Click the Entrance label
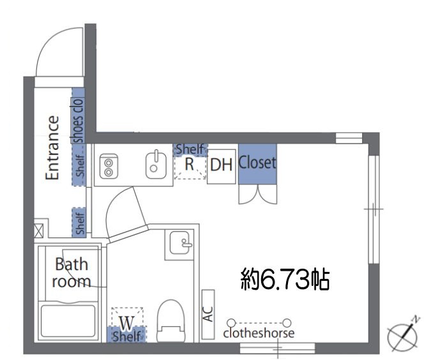54,147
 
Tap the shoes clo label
78,119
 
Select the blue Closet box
257,164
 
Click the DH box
222,165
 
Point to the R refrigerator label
189,164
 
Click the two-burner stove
109,165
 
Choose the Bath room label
71,273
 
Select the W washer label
126,320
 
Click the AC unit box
208,315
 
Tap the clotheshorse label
259,333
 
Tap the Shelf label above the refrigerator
190,149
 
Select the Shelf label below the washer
126,336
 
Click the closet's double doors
257,194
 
